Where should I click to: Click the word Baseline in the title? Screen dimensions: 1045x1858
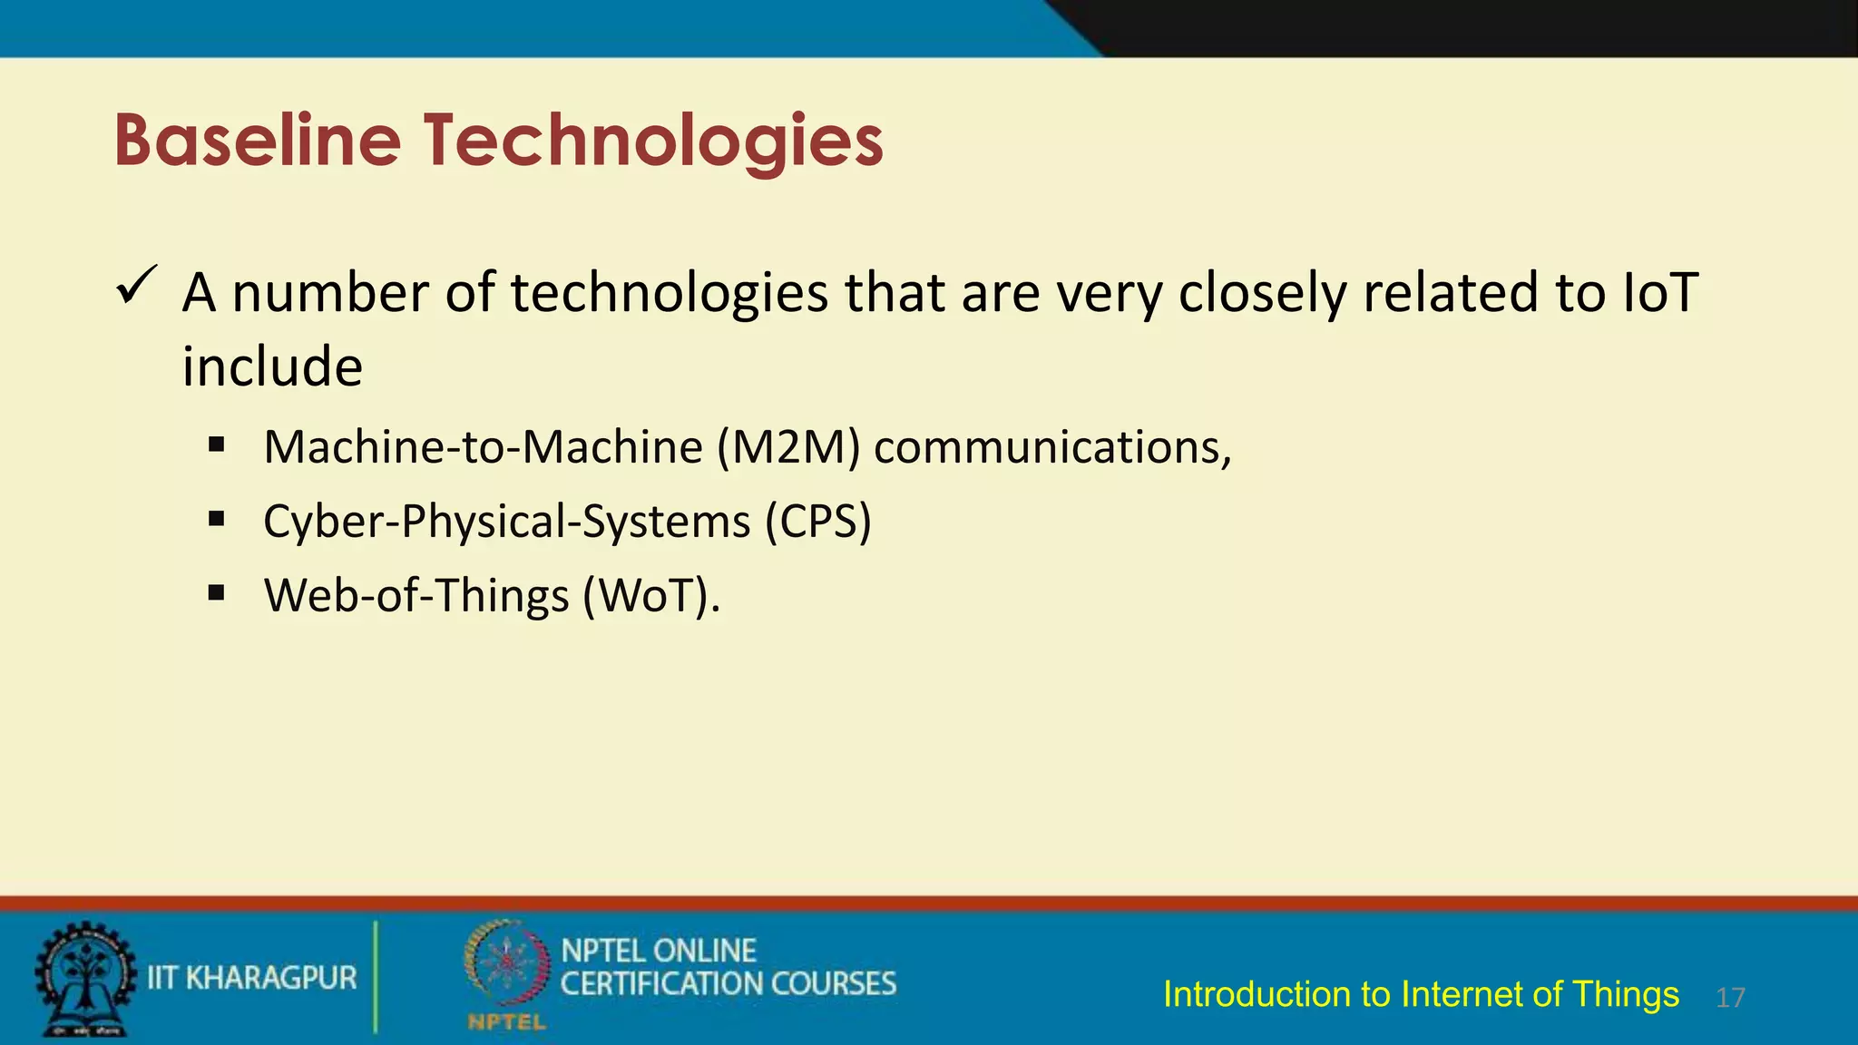(258, 141)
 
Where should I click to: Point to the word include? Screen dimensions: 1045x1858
(272, 367)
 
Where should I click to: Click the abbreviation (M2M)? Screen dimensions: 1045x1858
(788, 447)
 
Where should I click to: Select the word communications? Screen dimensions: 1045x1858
(1052, 447)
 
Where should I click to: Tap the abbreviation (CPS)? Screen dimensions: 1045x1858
(817, 522)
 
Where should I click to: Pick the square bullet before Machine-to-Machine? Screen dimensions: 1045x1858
(216, 445)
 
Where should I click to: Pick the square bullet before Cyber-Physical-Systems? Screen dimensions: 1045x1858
(216, 520)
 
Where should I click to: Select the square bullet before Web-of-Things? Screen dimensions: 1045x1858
(216, 594)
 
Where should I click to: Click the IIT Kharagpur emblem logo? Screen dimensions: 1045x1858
(84, 980)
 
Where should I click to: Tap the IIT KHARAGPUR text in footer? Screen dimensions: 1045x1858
(252, 978)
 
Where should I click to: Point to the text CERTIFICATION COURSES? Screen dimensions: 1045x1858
(728, 984)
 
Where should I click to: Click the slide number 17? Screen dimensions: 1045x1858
(1730, 998)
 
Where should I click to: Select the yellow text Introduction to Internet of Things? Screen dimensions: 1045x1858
(1421, 994)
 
